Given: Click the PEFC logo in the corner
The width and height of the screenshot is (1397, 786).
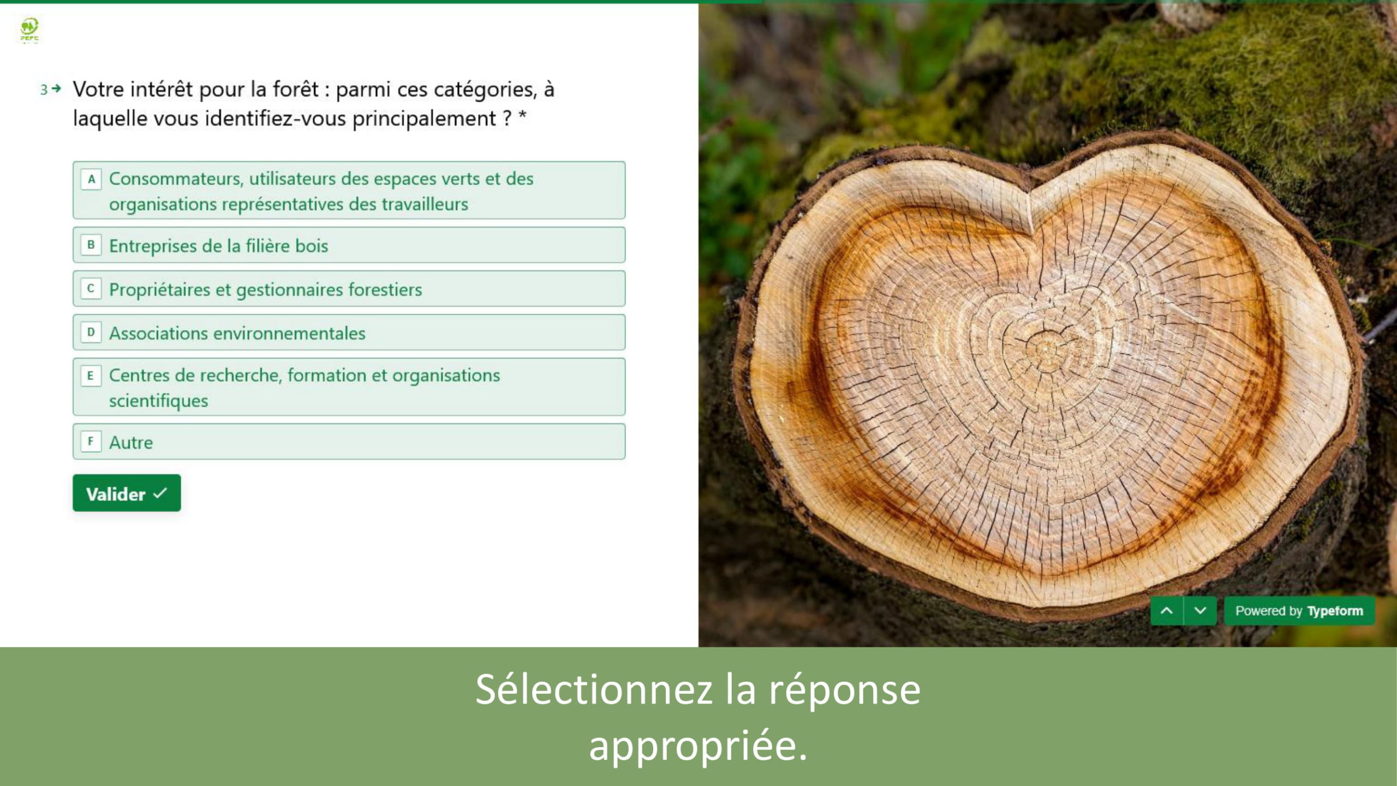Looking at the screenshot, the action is point(29,30).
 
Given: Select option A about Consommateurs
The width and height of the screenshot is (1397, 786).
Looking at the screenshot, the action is point(349,190).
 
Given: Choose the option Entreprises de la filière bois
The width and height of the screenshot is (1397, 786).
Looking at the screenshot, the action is point(349,245).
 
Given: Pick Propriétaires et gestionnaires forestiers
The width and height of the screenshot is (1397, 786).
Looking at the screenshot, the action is point(349,289).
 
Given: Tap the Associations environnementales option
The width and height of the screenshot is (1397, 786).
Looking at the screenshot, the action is point(349,332).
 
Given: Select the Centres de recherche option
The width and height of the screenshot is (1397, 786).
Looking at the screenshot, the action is point(349,387).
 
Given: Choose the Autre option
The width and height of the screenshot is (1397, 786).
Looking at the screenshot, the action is point(349,442).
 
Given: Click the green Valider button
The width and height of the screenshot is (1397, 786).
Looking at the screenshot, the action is point(127,493).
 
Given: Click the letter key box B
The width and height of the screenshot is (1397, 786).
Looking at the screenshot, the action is point(91,245).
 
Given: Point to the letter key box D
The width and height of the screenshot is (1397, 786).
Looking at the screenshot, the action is point(91,332).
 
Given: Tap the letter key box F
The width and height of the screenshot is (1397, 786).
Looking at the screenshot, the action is point(91,441).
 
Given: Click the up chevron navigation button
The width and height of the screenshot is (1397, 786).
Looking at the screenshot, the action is point(1167,611).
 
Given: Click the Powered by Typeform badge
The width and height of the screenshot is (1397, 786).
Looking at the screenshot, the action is point(1299,611).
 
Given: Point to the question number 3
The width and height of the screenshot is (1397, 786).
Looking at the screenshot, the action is point(44,90).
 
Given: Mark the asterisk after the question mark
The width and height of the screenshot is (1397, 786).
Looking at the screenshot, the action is point(522,115).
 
